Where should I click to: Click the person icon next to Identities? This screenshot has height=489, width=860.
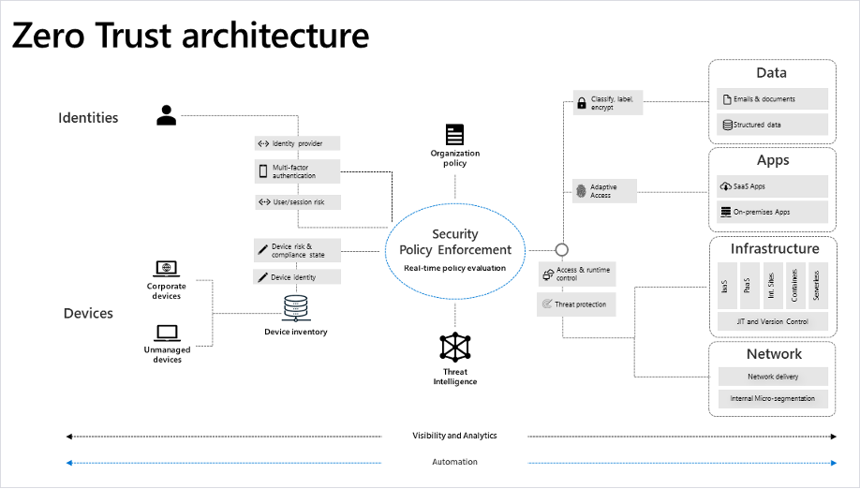point(167,115)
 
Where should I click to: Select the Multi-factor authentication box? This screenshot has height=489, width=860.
point(297,171)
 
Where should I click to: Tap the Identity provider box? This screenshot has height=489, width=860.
point(297,143)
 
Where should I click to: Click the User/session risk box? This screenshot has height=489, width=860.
point(297,201)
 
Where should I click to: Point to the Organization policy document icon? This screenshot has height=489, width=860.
point(455,134)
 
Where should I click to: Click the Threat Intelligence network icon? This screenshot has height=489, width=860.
point(455,347)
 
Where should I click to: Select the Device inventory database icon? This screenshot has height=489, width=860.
point(296,307)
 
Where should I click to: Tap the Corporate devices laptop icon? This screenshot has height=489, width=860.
point(167,268)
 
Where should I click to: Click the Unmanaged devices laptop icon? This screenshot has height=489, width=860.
point(167,332)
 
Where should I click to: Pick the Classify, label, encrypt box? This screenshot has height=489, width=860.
point(608,103)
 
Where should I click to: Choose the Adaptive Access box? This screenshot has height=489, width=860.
point(608,191)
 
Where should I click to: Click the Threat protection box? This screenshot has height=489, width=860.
point(576,304)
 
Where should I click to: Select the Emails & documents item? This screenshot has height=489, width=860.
point(773,98)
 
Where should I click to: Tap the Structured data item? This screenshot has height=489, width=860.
point(773,124)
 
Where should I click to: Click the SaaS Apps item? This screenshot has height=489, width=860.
point(773,185)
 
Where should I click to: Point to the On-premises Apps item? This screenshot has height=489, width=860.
point(773,212)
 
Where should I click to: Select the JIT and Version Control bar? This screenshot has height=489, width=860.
point(773,321)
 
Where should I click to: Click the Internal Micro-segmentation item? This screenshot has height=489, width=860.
point(773,398)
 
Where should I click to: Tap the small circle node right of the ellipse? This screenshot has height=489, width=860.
point(562,250)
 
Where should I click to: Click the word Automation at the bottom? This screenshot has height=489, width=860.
point(454,462)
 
